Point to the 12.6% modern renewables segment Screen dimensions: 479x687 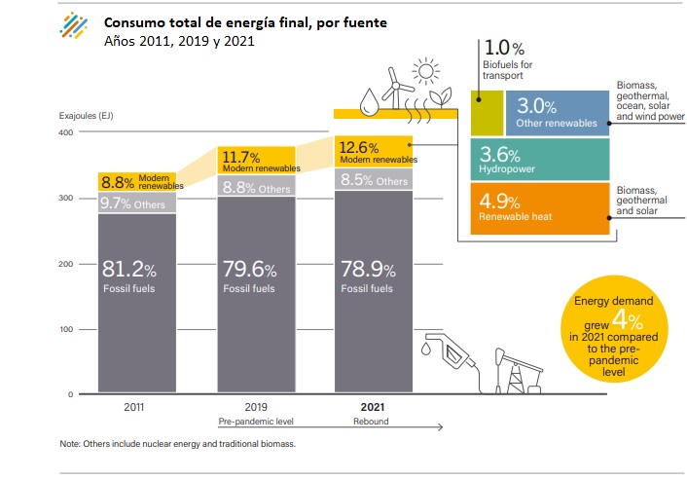tap(375, 151)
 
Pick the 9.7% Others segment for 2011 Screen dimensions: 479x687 tap(136, 203)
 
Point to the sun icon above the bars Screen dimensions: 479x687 tap(424, 71)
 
